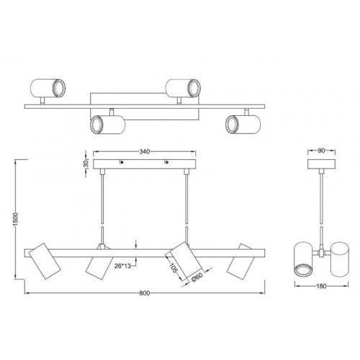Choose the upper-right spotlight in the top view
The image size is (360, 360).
click(x=181, y=88)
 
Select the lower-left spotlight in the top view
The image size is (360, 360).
click(x=106, y=125)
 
